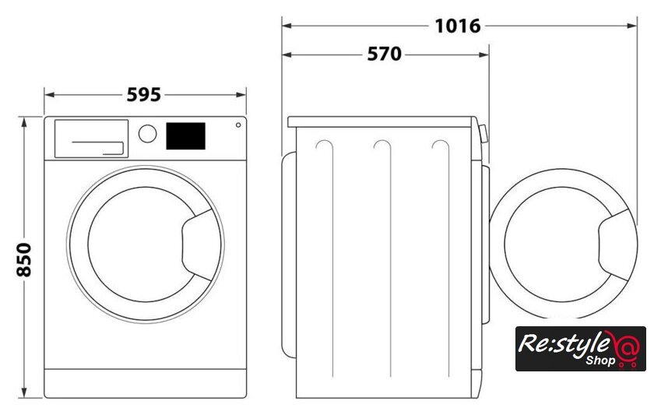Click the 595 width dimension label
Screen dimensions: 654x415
[144, 95]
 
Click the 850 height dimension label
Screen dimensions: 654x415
[24, 259]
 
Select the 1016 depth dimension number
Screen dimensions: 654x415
[458, 26]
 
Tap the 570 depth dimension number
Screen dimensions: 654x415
[384, 54]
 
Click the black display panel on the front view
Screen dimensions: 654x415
[185, 136]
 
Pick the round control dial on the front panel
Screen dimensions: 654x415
[148, 134]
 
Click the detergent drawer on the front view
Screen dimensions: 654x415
[91, 139]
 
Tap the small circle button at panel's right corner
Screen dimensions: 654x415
[238, 125]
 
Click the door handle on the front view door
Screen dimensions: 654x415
[201, 244]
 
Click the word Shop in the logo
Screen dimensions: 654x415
[600, 360]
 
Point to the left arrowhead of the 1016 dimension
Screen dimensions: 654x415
[287, 26]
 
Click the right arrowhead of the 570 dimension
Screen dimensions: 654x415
[484, 55]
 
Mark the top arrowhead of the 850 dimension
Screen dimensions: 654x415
[24, 122]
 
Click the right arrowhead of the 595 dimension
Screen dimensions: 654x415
[241, 95]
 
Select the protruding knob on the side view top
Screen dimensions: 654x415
[483, 134]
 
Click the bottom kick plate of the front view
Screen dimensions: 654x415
[145, 383]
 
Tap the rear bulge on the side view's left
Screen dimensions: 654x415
[289, 255]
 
